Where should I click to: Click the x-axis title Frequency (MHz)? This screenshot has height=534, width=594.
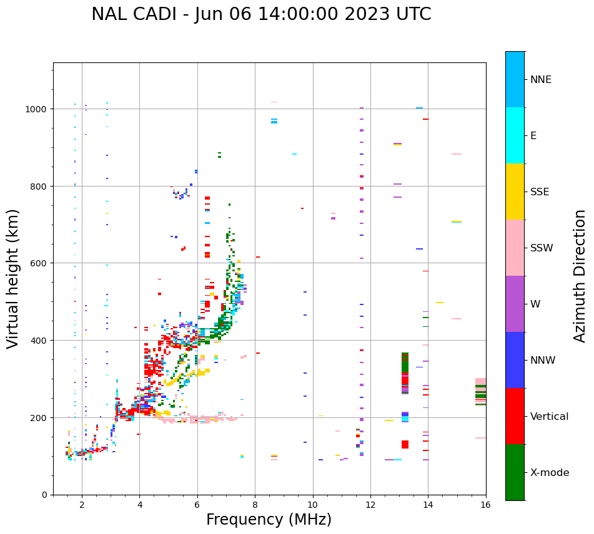(269, 520)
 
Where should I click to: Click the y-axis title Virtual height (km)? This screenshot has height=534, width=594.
(13, 278)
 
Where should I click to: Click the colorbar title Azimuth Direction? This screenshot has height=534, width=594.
(580, 276)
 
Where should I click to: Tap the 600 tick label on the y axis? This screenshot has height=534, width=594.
(39, 263)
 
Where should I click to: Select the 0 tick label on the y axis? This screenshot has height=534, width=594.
(44, 495)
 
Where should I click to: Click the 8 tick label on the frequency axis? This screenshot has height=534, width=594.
(255, 505)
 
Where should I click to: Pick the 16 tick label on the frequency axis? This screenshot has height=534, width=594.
(486, 505)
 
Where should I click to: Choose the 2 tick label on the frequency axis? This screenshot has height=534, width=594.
(82, 505)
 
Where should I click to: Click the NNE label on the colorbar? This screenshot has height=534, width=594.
(541, 80)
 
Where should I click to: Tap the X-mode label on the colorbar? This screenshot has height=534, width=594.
(550, 473)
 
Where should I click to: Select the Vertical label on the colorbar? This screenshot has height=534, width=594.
(550, 417)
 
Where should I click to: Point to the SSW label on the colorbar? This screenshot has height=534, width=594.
(542, 248)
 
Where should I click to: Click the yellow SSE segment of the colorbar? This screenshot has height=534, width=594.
(515, 192)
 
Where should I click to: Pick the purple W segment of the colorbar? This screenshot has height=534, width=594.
(515, 304)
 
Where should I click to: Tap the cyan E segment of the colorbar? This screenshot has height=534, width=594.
(515, 135)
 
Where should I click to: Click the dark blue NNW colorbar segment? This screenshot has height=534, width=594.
(515, 360)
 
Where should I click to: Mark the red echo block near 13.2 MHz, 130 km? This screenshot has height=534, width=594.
(405, 444)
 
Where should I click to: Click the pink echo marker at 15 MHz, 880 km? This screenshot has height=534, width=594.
(457, 154)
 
